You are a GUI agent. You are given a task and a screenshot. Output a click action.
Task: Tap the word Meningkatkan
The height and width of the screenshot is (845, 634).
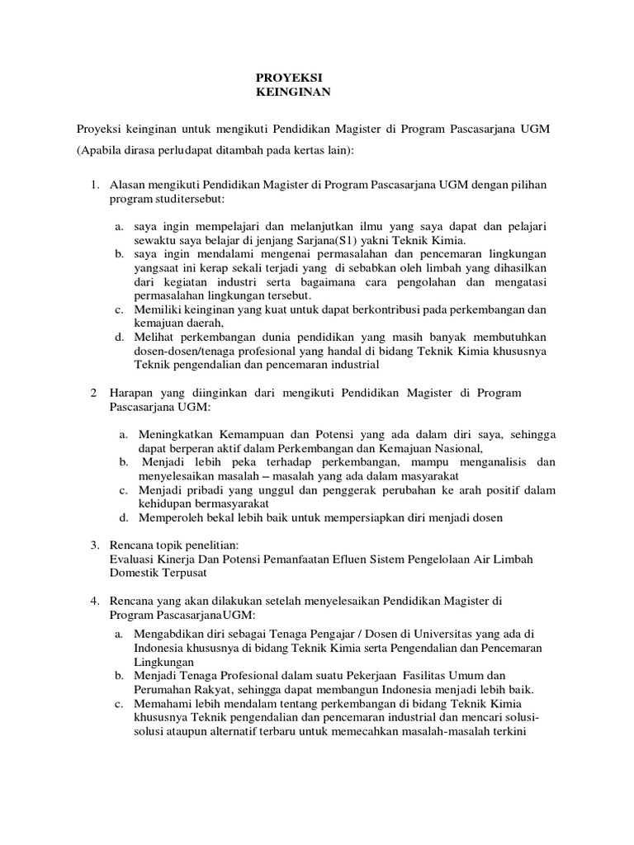[175, 434]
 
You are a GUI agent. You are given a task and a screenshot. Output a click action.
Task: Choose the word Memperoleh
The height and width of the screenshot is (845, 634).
[168, 518]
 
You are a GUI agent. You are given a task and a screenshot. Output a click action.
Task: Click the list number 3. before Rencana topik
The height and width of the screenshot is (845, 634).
[94, 545]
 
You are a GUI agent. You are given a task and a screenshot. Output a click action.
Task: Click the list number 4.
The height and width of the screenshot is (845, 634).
[94, 601]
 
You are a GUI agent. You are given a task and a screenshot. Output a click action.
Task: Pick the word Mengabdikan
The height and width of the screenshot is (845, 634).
[171, 634]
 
